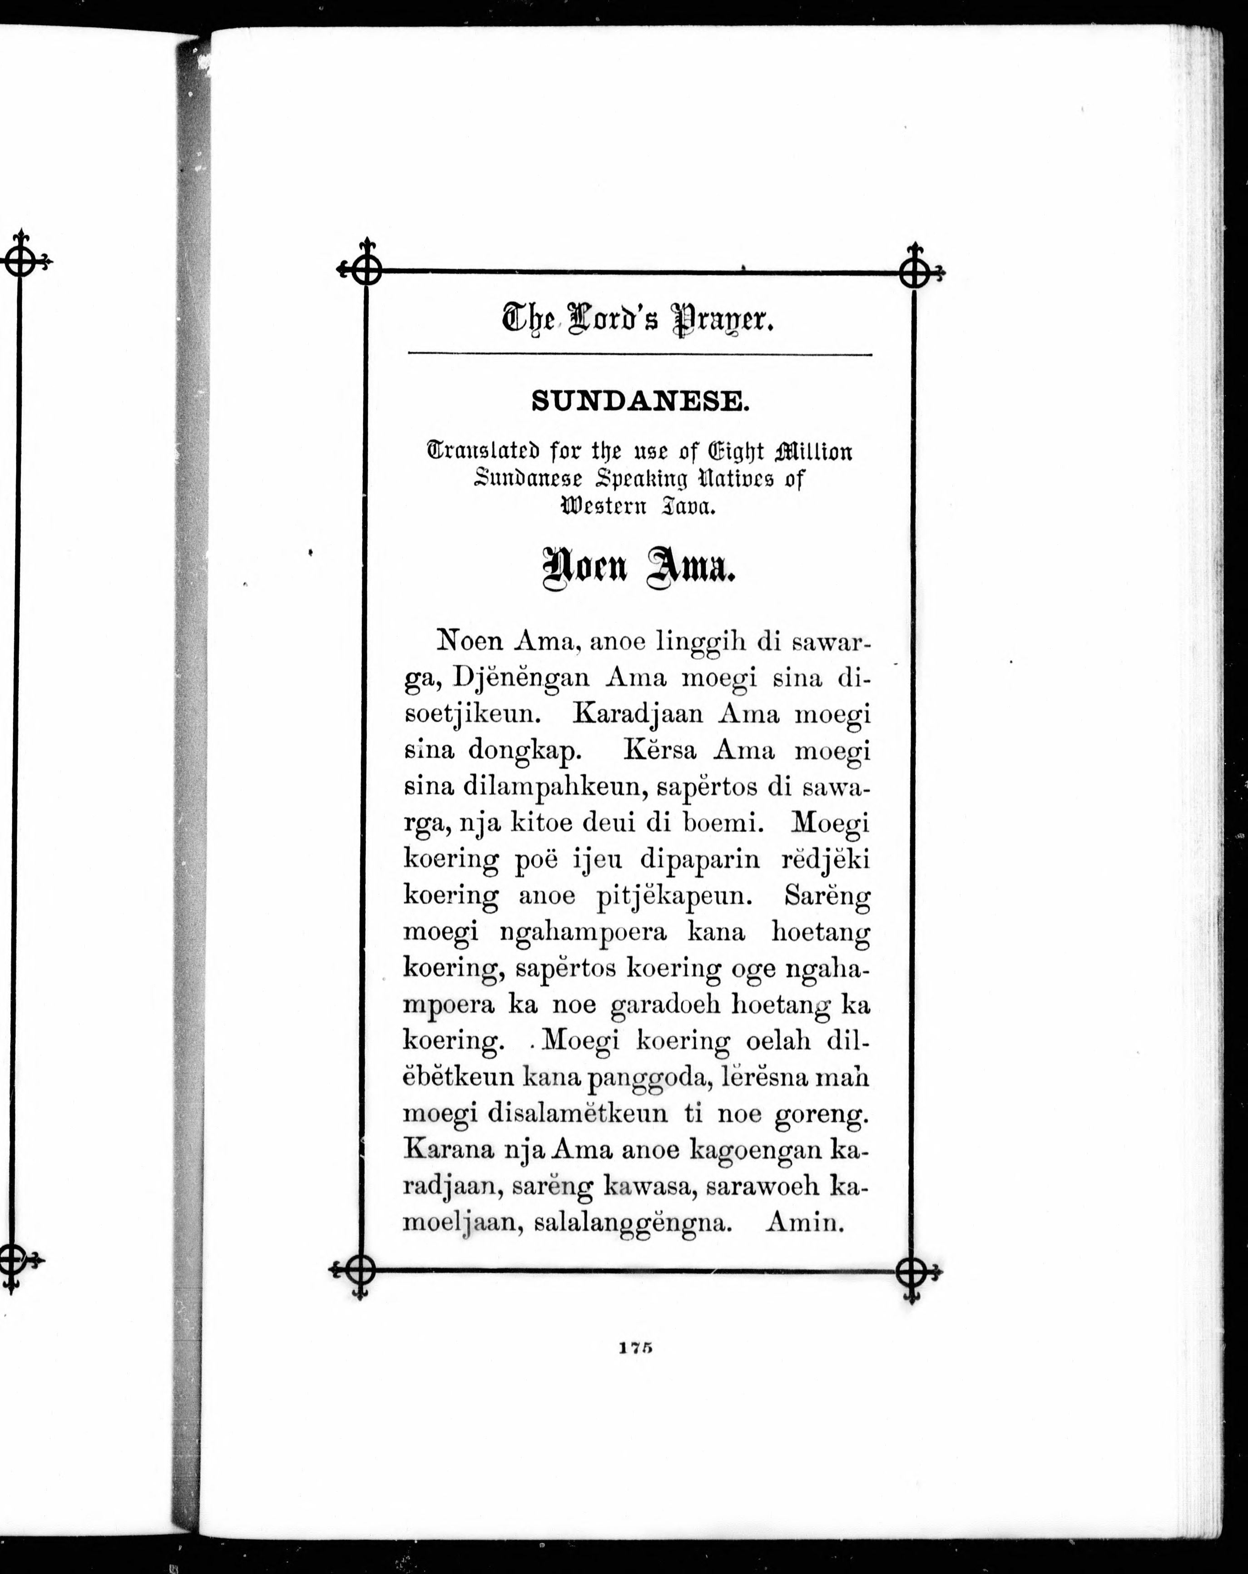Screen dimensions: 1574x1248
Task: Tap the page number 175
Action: pos(634,1348)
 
